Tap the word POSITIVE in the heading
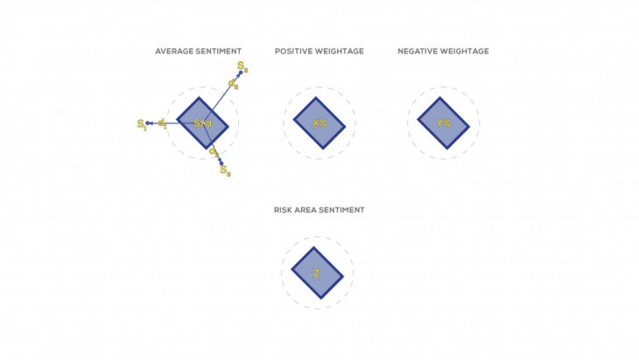[293, 52]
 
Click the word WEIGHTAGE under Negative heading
[467, 52]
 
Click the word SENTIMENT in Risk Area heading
[345, 210]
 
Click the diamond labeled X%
[319, 124]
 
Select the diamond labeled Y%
[443, 124]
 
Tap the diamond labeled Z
[316, 273]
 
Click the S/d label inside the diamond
[202, 124]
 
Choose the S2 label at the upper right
[242, 66]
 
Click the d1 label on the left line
[163, 124]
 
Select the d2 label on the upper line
[233, 83]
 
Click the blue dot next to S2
[240, 74]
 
